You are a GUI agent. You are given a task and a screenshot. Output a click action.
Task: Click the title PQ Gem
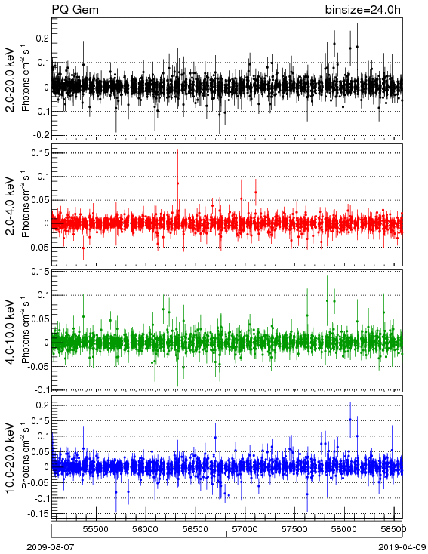click(x=75, y=10)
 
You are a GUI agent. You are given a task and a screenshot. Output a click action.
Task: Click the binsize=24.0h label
click(x=363, y=10)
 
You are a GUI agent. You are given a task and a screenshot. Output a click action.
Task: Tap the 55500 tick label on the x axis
click(x=96, y=529)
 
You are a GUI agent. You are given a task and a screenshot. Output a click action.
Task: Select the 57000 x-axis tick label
click(x=245, y=529)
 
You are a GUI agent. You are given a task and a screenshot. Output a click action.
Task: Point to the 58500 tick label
click(x=394, y=529)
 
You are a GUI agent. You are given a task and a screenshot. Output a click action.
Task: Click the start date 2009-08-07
click(x=51, y=547)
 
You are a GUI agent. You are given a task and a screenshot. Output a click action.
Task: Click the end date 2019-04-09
click(x=402, y=547)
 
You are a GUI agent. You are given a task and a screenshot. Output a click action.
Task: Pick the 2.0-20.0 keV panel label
click(x=11, y=80)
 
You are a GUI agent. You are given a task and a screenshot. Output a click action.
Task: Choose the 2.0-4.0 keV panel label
click(x=11, y=206)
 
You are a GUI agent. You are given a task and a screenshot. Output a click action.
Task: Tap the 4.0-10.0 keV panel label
click(x=11, y=332)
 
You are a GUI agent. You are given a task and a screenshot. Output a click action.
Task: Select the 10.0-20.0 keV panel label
click(x=11, y=458)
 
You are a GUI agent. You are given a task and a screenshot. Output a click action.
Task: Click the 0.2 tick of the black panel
click(x=42, y=38)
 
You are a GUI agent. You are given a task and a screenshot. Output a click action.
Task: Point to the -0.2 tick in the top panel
click(x=41, y=135)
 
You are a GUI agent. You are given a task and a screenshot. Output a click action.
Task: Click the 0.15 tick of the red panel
click(x=40, y=153)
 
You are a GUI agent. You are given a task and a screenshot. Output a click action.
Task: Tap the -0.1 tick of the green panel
click(x=41, y=389)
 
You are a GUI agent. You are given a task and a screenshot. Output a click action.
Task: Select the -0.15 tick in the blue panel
click(x=38, y=513)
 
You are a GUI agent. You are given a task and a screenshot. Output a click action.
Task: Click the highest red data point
click(x=178, y=183)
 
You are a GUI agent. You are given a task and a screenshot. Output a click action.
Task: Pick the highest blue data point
click(x=350, y=420)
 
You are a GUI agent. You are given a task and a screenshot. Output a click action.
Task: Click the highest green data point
click(x=328, y=300)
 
